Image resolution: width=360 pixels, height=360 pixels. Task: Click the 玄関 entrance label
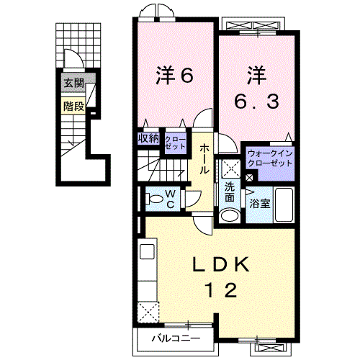click(73, 84)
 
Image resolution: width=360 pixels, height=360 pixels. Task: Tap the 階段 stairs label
click(74, 107)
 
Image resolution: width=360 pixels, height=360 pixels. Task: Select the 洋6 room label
click(174, 75)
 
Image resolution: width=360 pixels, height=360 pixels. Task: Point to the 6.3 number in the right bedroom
click(256, 101)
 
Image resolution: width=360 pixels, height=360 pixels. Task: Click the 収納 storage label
click(148, 138)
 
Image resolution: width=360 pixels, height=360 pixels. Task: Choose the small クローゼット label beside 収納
click(176, 143)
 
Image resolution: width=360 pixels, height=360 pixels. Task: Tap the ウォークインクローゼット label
click(270, 158)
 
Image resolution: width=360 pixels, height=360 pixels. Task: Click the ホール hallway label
click(204, 159)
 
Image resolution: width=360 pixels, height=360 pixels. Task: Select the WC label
click(170, 199)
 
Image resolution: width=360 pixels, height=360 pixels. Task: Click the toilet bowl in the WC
click(154, 199)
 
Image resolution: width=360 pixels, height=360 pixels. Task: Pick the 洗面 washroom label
click(230, 192)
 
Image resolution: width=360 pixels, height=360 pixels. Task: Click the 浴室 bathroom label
click(260, 204)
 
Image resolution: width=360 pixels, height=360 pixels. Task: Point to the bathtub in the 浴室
click(284, 204)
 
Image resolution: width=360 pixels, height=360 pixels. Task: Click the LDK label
click(220, 264)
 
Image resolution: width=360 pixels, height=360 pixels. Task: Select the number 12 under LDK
click(221, 290)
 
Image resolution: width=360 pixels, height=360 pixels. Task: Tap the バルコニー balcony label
click(176, 338)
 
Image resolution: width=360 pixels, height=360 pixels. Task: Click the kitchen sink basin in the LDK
click(147, 251)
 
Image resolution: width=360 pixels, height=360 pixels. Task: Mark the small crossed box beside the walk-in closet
click(249, 178)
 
